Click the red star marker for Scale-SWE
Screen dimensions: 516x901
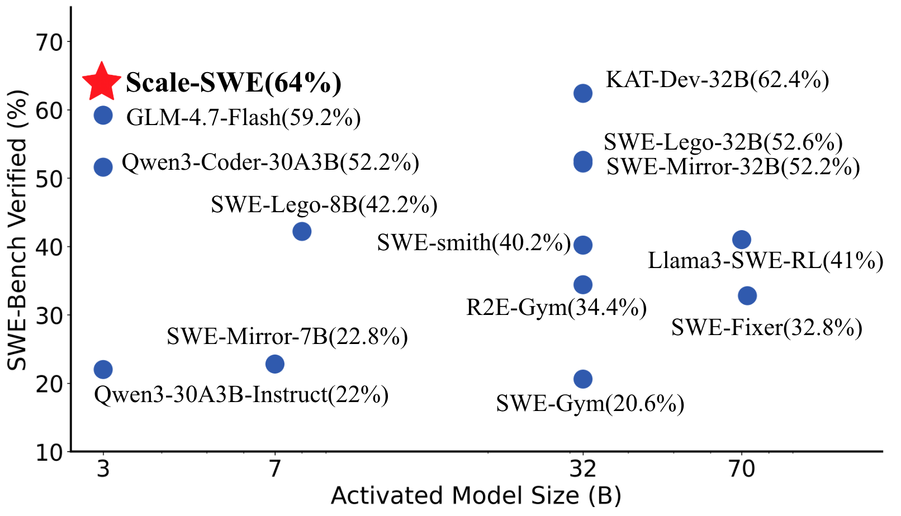coord(102,82)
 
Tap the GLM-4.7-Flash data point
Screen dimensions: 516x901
coord(103,115)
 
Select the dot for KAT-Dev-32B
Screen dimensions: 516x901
coord(583,93)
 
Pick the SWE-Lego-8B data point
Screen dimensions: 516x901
coord(302,231)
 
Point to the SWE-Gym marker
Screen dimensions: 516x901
coord(583,379)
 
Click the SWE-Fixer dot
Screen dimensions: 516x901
coord(747,295)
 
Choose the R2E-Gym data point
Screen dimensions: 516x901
coord(583,285)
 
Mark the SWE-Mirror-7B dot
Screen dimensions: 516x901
coord(274,364)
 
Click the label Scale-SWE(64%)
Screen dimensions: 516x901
coord(234,83)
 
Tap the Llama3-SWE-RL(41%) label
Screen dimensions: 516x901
coord(765,261)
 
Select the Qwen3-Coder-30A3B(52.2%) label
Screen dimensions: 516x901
coord(271,163)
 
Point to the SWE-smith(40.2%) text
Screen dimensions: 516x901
coord(474,243)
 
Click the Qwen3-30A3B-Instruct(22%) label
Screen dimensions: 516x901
coord(241,395)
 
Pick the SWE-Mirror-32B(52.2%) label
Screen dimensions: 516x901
coord(733,167)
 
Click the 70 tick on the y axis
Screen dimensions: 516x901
coord(50,42)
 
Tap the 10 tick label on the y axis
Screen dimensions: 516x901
coord(50,452)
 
